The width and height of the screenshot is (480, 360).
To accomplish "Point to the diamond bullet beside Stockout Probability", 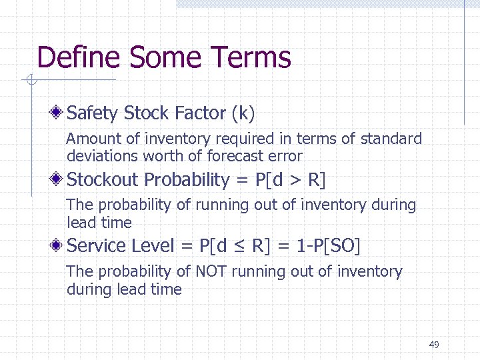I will click(59, 179).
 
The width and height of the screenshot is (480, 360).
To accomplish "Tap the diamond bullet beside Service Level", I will click(59, 245).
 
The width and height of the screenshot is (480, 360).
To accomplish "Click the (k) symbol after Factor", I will click(243, 114).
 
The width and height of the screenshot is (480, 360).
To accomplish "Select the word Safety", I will click(93, 113).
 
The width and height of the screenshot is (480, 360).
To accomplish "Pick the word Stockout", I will click(103, 179).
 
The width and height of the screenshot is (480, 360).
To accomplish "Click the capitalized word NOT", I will click(211, 272).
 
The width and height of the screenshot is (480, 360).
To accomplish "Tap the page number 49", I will click(434, 345).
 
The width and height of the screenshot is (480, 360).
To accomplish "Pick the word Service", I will click(97, 245).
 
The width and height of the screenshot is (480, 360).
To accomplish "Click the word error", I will click(287, 157).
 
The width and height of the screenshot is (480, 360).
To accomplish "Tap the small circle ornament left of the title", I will click(31, 81).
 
